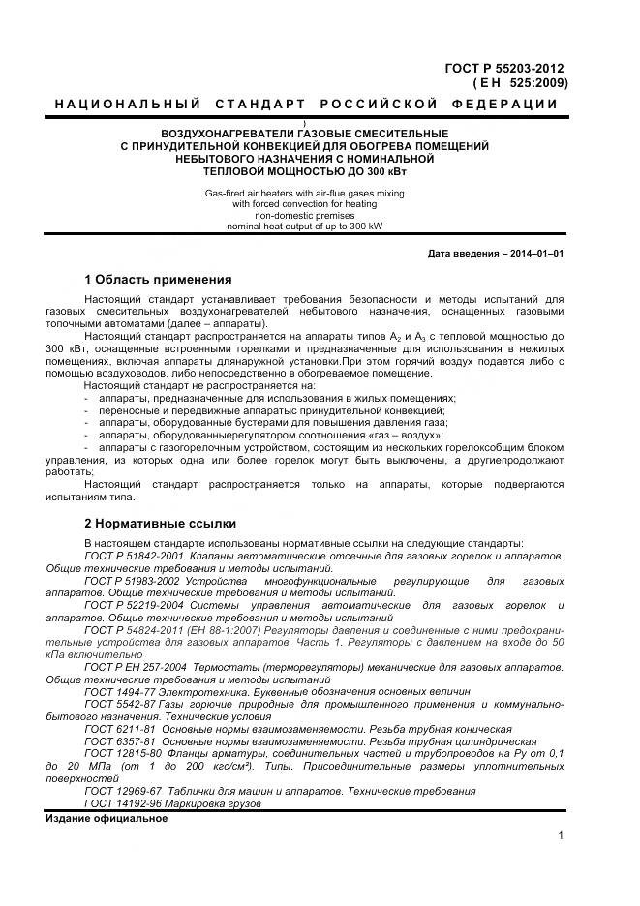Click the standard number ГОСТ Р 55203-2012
(503, 69)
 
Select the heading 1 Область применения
(158, 280)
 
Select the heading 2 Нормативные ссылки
(160, 524)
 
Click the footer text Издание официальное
(107, 818)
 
